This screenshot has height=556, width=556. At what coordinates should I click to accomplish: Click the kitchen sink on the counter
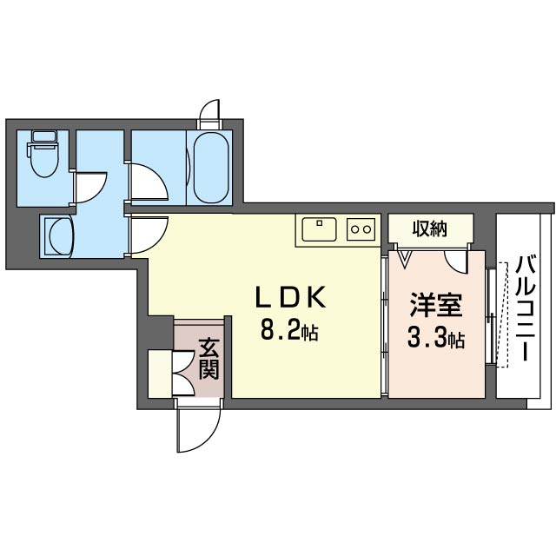(320, 229)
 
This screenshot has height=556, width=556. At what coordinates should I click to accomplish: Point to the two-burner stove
(361, 230)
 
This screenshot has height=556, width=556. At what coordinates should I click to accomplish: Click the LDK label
(289, 298)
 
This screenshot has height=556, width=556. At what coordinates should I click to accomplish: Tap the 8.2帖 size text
(288, 330)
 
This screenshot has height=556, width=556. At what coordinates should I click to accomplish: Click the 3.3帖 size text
(435, 338)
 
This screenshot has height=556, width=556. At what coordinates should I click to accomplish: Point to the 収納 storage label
(429, 229)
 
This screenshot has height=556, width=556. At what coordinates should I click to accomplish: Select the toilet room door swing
(90, 186)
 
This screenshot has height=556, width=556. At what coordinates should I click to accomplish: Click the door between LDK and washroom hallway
(146, 235)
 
